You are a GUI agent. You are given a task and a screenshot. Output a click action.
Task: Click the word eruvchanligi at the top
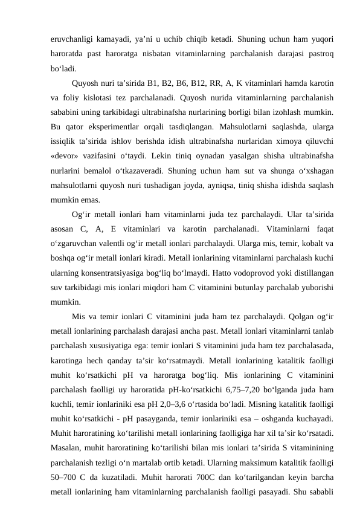point(71,39)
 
